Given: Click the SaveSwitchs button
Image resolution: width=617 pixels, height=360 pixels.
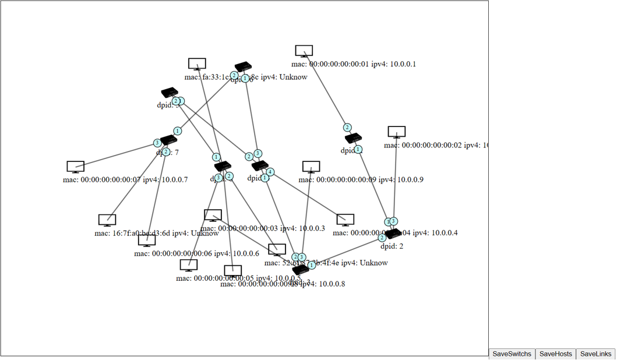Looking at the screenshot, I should point(512,354).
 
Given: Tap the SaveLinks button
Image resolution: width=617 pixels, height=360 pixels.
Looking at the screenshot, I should point(596,354).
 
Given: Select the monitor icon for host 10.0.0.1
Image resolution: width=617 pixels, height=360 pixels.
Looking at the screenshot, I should point(304,51).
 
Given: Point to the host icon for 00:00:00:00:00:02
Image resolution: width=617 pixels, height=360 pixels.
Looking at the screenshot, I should point(396,132).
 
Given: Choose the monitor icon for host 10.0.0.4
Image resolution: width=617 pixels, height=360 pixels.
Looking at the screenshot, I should point(345,220).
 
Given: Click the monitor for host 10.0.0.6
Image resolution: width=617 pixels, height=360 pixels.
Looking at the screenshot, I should point(147,241).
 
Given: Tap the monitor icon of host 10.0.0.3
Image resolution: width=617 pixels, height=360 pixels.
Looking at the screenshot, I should point(213,216).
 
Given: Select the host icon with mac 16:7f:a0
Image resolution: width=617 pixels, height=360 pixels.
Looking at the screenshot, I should point(107,220).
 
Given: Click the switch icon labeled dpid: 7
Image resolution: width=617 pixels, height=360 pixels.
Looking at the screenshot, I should point(169,140).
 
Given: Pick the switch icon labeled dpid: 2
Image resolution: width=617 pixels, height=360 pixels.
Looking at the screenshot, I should point(394,234).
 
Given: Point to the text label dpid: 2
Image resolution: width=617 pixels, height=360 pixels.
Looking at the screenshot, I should point(392,246).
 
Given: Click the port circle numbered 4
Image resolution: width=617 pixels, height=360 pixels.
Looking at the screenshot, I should point(270,172).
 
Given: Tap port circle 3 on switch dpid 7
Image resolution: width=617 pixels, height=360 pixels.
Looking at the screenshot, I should point(157,143).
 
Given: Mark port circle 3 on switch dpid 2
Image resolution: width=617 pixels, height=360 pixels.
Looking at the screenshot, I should point(394,221).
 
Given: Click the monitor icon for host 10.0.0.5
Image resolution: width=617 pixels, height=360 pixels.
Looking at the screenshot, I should point(188,266).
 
